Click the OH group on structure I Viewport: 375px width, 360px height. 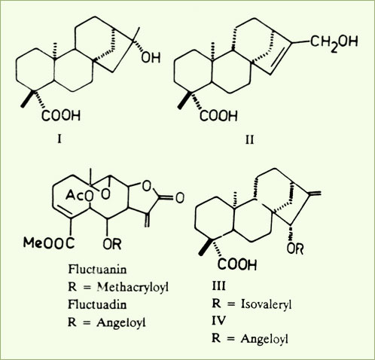click(151, 57)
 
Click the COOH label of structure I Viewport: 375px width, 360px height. click(61, 116)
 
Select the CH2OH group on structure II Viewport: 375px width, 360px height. click(334, 42)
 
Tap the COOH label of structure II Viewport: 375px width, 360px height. click(218, 116)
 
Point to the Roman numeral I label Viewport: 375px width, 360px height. click(59, 139)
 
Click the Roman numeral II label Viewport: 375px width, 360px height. click(249, 139)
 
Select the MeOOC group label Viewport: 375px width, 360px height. click(49, 243)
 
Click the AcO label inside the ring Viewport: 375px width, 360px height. click(79, 195)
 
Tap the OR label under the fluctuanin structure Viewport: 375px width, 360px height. click(112, 243)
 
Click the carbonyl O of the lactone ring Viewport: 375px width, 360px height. click(179, 197)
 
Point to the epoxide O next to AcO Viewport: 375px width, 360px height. click(105, 194)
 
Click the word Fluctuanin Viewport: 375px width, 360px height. click(97, 270)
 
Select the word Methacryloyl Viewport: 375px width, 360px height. click(133, 287)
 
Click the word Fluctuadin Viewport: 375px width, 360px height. click(97, 304)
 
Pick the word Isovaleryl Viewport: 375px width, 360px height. click(267, 304)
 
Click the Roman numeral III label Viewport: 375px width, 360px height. click(218, 286)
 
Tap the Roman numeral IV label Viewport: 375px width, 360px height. click(218, 320)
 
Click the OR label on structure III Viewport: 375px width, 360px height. click(295, 249)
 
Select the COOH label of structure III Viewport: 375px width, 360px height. click(237, 264)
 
